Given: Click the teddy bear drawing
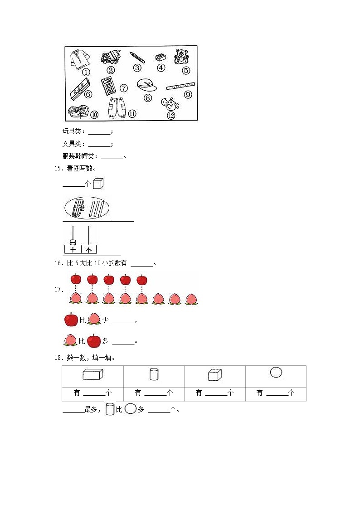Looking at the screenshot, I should [181, 56].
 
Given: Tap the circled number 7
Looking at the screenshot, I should [124, 88].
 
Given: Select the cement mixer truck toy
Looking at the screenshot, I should [110, 57].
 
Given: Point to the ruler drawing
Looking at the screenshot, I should [180, 86].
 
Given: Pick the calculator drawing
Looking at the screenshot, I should [108, 86].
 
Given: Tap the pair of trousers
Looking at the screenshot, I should [115, 108].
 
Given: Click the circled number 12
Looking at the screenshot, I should [171, 115].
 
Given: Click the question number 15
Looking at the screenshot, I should [58, 169].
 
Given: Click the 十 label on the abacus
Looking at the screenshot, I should [73, 249].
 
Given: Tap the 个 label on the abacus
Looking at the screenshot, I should [89, 249].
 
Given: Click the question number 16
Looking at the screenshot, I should [58, 263].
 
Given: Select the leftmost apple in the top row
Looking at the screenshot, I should [75, 279].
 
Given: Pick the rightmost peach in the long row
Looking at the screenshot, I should [191, 298].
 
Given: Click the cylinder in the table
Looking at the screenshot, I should [154, 374].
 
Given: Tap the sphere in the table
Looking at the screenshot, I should [276, 373].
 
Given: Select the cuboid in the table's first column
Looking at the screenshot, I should [93, 374].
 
